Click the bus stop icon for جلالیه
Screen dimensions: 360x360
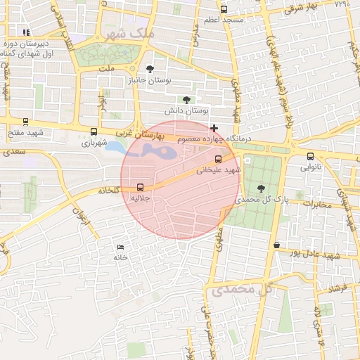[141, 187]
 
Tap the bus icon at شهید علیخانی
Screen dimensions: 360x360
[218, 159]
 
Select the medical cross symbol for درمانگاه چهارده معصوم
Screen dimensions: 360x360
[214, 128]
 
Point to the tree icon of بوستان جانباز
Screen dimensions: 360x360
[149, 68]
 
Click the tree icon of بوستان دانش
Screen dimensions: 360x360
[186, 100]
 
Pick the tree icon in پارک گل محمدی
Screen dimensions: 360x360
[262, 188]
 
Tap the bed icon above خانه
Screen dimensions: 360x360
[120, 247]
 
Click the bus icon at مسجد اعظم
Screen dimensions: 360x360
[224, 9]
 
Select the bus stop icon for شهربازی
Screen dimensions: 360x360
[94, 131]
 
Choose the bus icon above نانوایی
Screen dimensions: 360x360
[310, 156]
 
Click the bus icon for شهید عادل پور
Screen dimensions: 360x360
[276, 245]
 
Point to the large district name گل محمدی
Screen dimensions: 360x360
[232, 289]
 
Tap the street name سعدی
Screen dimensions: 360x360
[15, 151]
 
